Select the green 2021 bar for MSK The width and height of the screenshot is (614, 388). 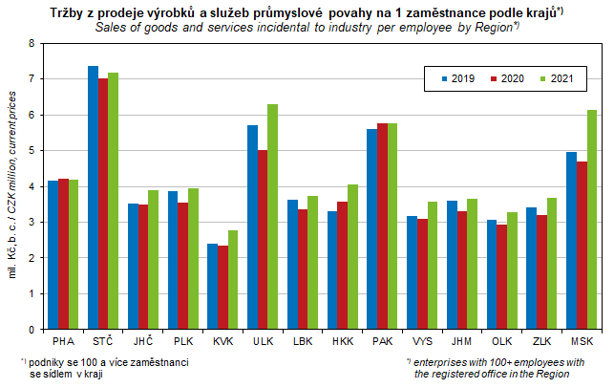[x=592, y=220]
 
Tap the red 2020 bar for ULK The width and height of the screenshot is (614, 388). [x=263, y=239]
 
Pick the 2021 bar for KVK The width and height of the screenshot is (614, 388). [x=232, y=279]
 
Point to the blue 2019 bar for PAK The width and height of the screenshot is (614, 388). [x=372, y=228]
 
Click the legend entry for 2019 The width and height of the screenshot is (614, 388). [x=457, y=77]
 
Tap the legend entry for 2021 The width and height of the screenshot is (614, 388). [x=554, y=77]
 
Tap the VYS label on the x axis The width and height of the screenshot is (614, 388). [x=422, y=341]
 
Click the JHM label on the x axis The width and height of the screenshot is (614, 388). [x=461, y=341]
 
